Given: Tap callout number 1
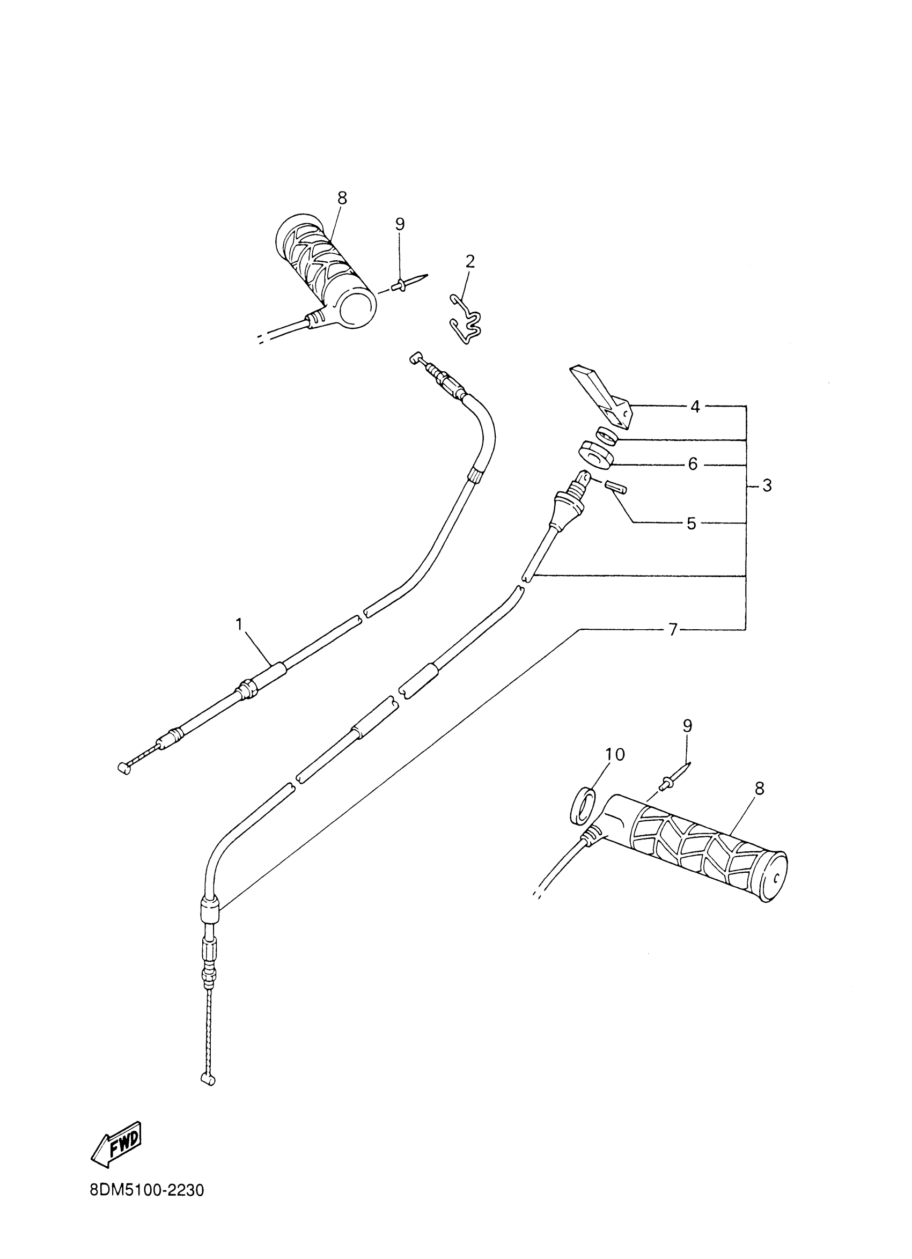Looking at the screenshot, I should tap(239, 624).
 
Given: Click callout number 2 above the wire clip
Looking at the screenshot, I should tap(470, 261).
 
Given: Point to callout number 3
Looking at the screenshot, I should tap(767, 487).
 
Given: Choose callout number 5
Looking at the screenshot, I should tap(691, 524).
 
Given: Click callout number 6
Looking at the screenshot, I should tap(692, 463).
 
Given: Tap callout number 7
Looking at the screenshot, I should tap(673, 630).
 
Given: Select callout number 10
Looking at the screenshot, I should tap(614, 754).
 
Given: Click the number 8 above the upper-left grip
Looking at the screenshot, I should tap(342, 197).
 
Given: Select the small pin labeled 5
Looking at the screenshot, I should tap(615, 487).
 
